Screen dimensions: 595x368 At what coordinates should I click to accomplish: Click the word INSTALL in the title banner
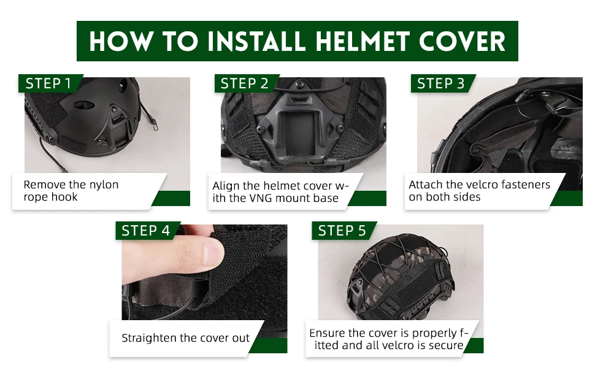[x=256, y=41]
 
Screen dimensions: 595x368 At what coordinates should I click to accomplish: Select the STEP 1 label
[x=48, y=83]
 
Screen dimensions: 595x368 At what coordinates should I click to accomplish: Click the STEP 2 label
[x=244, y=83]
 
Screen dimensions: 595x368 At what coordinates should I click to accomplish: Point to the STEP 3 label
[x=440, y=83]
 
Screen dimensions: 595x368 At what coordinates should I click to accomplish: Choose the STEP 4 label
[x=146, y=231]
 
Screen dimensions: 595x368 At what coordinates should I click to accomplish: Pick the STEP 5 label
[x=342, y=231]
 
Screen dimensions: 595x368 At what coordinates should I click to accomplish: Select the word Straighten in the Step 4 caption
[x=149, y=338]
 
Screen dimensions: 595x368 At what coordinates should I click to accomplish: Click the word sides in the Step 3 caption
[x=467, y=197]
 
